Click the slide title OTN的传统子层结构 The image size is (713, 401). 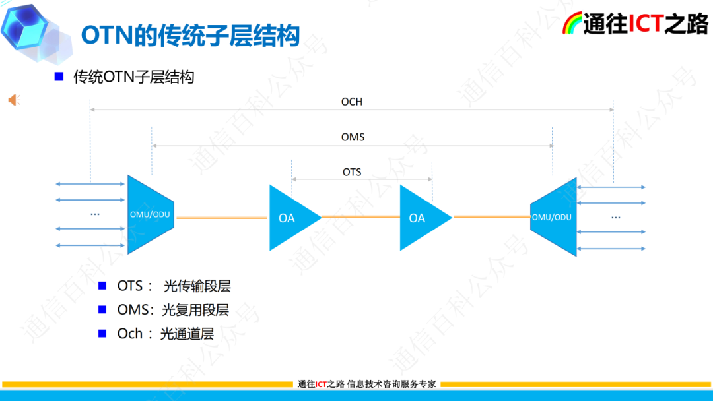tap(190, 35)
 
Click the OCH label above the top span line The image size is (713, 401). tap(352, 102)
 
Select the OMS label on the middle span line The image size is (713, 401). tap(353, 137)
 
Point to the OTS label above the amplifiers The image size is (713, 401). tap(352, 172)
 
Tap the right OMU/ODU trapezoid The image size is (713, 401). tap(555, 216)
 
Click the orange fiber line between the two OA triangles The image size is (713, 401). tap(360, 216)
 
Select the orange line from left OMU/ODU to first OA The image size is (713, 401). tap(222, 216)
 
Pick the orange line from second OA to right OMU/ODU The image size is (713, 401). tap(492, 216)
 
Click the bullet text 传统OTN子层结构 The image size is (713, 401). tap(133, 77)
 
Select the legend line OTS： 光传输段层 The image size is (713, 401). tap(174, 286)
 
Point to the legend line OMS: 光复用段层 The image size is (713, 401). tap(173, 310)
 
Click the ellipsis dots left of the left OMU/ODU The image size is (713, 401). tap(94, 214)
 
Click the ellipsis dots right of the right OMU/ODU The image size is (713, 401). tap(616, 217)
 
